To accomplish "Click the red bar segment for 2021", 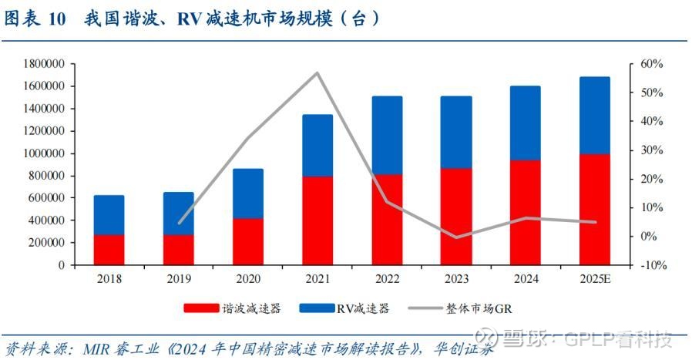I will (x=317, y=220).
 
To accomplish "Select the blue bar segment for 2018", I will (x=109, y=215).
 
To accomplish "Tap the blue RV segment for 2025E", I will (x=594, y=116).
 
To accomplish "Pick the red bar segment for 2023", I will (x=456, y=217).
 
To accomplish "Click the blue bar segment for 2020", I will (x=248, y=193).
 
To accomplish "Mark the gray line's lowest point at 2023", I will (x=456, y=237).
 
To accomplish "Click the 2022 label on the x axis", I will (x=387, y=278).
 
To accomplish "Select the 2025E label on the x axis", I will (x=594, y=278).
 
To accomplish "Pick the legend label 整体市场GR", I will (x=479, y=308).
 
